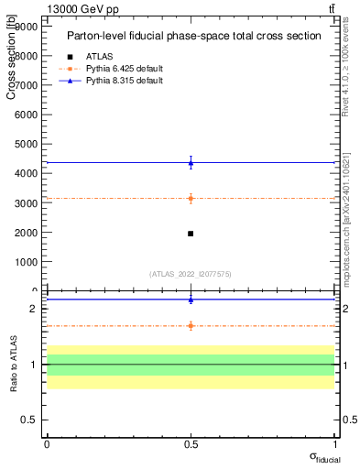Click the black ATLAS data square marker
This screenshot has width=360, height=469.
pyautogui.click(x=191, y=234)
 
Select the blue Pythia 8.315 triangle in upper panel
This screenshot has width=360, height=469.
pyautogui.click(x=191, y=163)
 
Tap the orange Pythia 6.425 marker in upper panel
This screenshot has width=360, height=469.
pyautogui.click(x=191, y=198)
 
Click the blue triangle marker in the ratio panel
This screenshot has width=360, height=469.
pyautogui.click(x=191, y=300)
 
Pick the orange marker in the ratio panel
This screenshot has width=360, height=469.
pyautogui.click(x=191, y=325)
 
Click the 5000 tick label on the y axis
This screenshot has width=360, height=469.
pyautogui.click(x=26, y=144)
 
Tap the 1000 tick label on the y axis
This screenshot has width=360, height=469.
pyautogui.click(x=26, y=261)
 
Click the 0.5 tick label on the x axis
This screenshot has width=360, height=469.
pyautogui.click(x=191, y=443)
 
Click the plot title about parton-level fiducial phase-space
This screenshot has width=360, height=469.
pyautogui.click(x=193, y=36)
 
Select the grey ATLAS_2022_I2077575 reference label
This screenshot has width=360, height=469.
pyautogui.click(x=191, y=273)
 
